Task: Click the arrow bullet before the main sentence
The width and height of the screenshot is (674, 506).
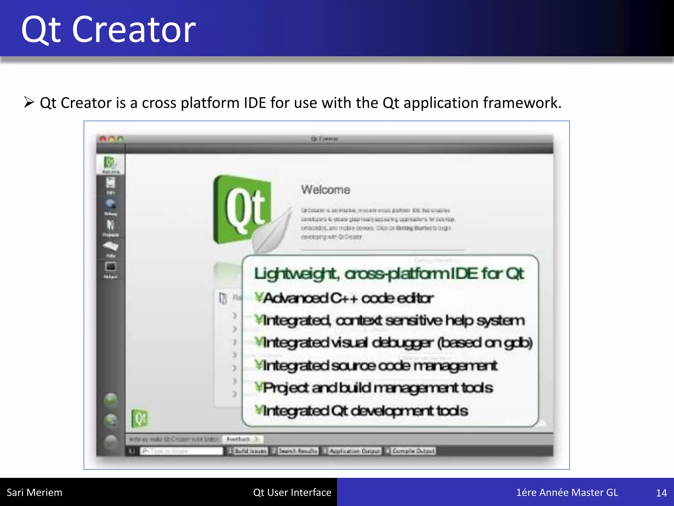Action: tap(29, 102)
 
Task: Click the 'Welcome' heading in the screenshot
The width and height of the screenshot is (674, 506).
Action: tap(325, 190)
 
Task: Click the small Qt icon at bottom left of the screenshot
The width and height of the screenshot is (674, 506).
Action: tap(140, 418)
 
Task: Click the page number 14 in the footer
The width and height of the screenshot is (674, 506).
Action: tap(661, 493)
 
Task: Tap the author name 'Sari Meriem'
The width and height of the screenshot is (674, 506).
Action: tap(34, 492)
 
